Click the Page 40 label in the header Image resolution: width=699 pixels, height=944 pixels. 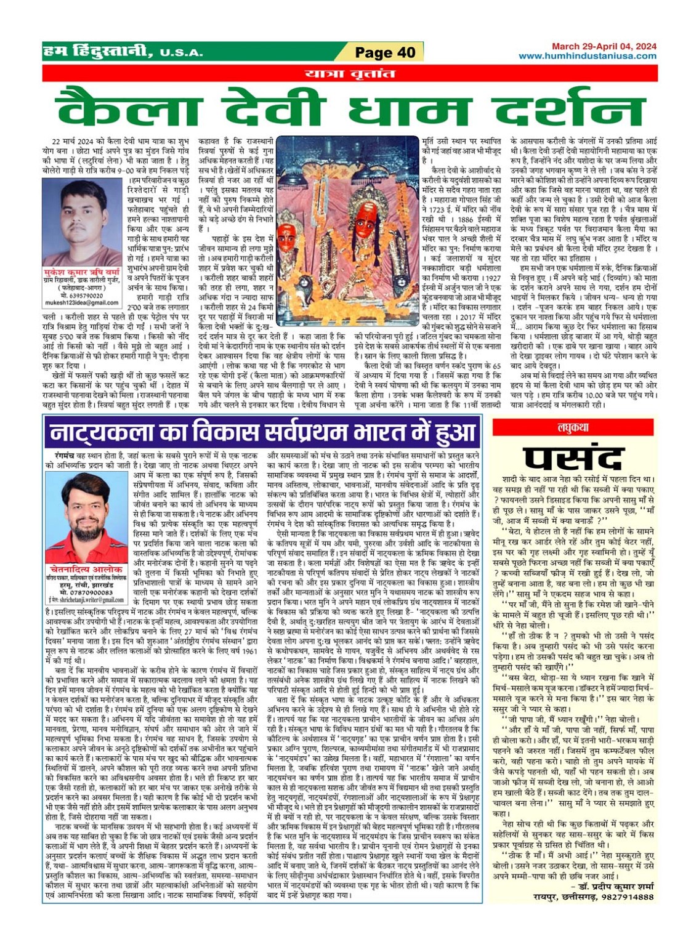385,52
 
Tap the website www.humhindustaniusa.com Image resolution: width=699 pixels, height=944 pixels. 587,56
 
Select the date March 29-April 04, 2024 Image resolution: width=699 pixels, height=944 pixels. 604,46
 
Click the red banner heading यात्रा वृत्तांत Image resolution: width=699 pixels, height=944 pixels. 349,74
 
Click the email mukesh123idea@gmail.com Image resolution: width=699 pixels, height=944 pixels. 82,303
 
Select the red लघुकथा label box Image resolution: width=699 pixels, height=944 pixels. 573,427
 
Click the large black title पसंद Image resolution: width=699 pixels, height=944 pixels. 573,458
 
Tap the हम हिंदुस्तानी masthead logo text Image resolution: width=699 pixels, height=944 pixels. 99,52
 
